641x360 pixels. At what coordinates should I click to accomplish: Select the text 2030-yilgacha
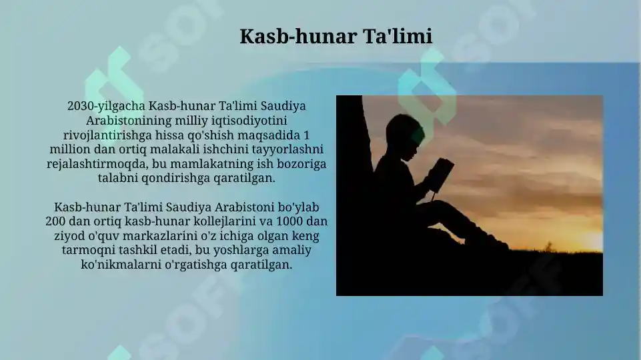click(x=107, y=106)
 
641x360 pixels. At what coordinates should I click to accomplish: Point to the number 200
click(x=56, y=221)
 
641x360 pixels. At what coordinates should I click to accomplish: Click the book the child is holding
click(x=440, y=173)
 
